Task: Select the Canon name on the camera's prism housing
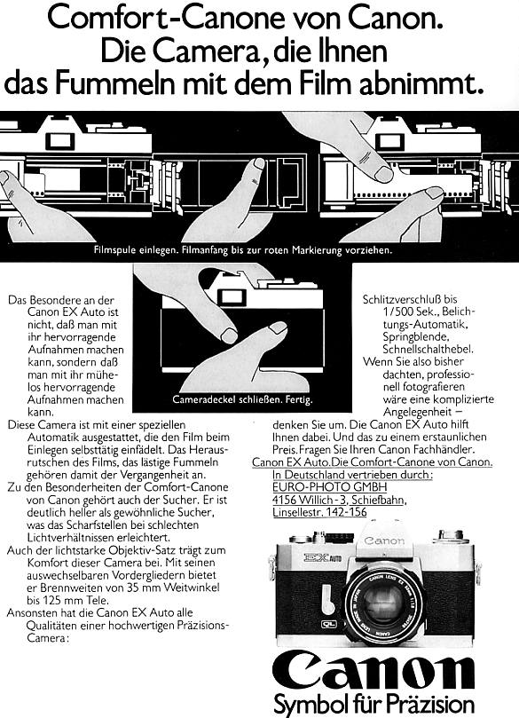(x=383, y=540)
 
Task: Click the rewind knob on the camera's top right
(x=454, y=536)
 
